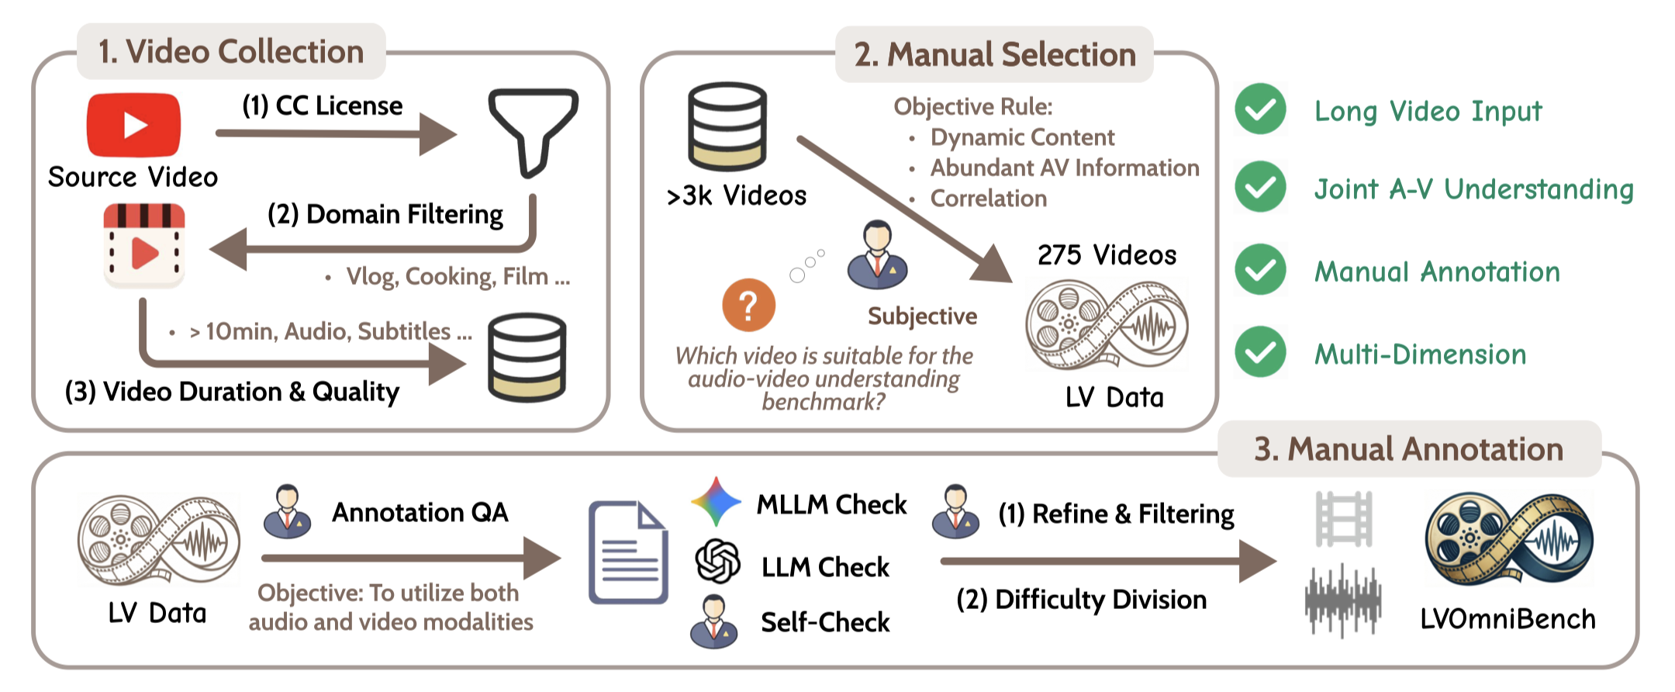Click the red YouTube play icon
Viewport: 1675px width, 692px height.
click(x=133, y=125)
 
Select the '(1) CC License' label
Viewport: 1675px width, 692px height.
click(x=323, y=106)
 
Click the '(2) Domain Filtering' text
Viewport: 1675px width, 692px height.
click(x=385, y=214)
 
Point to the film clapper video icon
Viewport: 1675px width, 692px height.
click(x=144, y=245)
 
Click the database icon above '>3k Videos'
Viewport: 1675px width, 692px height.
click(x=727, y=126)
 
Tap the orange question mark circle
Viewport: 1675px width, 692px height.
click(x=748, y=305)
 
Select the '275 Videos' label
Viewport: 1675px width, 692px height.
click(x=1107, y=254)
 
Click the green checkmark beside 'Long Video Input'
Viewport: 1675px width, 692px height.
click(x=1261, y=109)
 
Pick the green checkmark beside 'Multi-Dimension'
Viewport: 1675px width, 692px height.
click(x=1261, y=352)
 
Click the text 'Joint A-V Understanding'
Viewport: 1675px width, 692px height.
click(x=1473, y=189)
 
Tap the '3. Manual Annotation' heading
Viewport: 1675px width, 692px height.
click(x=1408, y=449)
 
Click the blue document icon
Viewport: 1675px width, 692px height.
click(x=628, y=552)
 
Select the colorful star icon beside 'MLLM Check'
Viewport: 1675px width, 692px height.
click(x=716, y=502)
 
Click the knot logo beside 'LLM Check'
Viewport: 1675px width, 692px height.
click(x=717, y=561)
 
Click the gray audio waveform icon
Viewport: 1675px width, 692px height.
click(x=1343, y=601)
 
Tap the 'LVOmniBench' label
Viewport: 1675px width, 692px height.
click(x=1507, y=619)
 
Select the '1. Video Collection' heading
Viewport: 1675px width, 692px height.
click(x=231, y=52)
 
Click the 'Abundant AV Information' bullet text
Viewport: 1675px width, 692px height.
click(x=1064, y=168)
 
